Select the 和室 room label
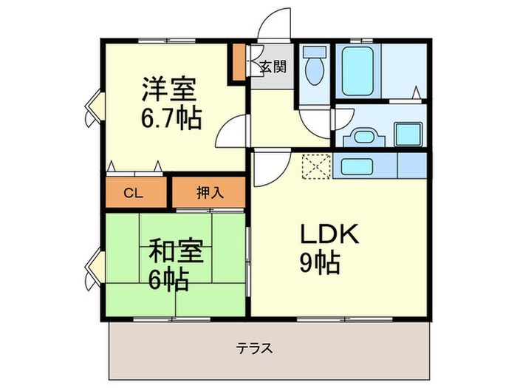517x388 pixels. (176, 251)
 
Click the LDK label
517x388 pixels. (329, 235)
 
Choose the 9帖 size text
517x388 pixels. (319, 263)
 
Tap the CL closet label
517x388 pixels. (133, 194)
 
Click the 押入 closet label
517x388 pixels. (209, 194)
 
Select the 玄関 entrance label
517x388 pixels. (272, 67)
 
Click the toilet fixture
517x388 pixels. (315, 67)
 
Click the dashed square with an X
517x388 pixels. (317, 166)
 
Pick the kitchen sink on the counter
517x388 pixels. (366, 166)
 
